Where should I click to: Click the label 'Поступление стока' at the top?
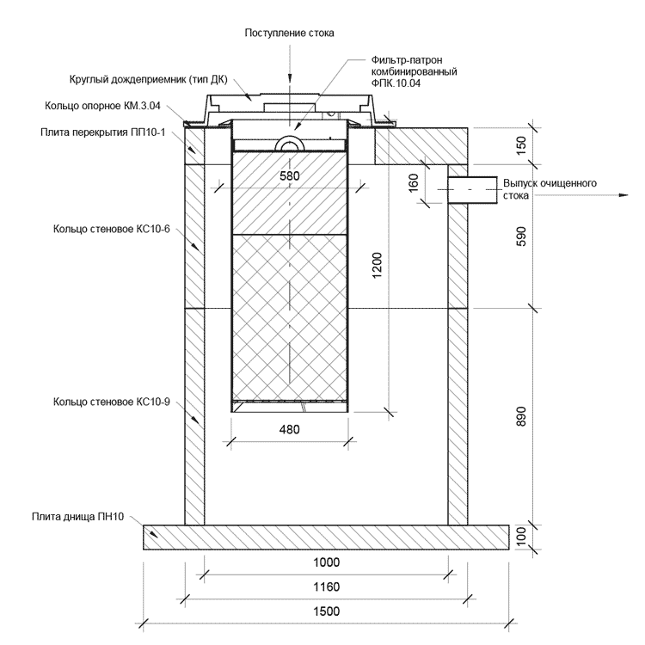click(289, 32)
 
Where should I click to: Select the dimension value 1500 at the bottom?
click(326, 611)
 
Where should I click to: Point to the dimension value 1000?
click(326, 562)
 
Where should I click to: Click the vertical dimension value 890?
click(520, 416)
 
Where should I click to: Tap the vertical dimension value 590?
click(520, 237)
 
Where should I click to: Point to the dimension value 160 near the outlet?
click(414, 182)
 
